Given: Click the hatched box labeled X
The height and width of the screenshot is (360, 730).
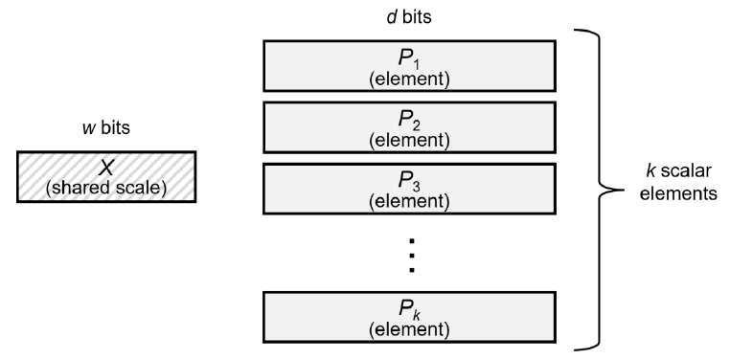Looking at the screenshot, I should (x=106, y=176).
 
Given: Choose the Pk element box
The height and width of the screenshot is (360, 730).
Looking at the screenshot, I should (x=409, y=319).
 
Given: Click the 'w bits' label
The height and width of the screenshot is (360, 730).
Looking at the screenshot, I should (x=105, y=130).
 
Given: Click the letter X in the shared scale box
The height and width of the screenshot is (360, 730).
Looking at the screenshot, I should (x=106, y=168).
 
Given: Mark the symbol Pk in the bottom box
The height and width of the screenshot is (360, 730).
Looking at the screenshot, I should (x=409, y=310).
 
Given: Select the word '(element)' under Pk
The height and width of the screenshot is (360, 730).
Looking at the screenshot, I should (x=409, y=331).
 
